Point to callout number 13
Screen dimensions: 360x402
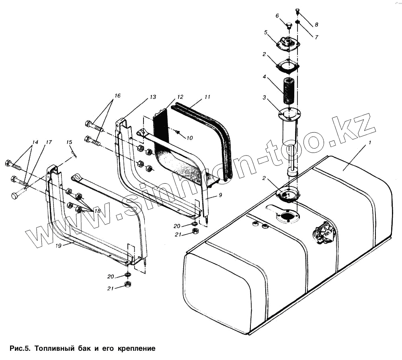(x=153, y=97)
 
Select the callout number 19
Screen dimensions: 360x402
(x=59, y=246)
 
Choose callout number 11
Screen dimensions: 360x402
(x=207, y=97)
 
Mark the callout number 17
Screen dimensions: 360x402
(x=49, y=142)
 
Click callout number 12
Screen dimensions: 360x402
(x=180, y=97)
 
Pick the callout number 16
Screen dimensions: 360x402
(x=117, y=96)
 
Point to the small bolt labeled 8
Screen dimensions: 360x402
(x=297, y=10)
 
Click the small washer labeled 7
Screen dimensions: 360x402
(x=298, y=22)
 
